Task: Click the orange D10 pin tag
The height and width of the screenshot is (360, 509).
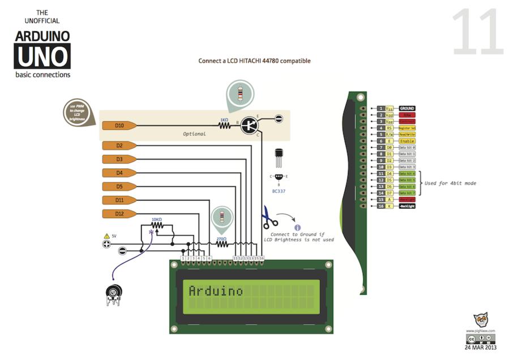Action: coord(119,125)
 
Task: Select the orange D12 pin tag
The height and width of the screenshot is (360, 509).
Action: coord(119,213)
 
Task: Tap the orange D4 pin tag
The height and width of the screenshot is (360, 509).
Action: coord(119,173)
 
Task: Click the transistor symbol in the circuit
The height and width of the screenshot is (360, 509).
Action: coord(249,125)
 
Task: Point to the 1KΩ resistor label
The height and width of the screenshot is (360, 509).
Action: coord(224,120)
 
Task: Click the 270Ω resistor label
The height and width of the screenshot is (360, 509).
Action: coord(221,239)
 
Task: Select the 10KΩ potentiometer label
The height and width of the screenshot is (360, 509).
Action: coord(157,219)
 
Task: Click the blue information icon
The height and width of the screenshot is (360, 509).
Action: coord(298,228)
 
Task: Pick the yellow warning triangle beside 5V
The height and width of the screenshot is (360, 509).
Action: coord(106,235)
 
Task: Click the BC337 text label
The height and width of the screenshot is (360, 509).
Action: coord(279,191)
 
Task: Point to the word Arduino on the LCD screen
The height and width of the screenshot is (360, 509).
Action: coord(215,291)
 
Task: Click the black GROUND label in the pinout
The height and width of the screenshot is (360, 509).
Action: coord(407,108)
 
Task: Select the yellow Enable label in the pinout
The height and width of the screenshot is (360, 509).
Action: coord(407,141)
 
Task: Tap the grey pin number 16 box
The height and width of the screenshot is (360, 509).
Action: coord(382,206)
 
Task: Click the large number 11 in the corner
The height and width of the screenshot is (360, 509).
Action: coord(477,33)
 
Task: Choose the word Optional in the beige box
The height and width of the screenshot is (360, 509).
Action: coord(194,134)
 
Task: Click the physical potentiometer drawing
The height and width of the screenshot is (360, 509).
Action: coord(114,294)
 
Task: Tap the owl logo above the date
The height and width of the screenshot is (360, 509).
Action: coord(481,320)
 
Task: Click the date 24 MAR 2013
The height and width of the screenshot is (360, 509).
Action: coord(480,348)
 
